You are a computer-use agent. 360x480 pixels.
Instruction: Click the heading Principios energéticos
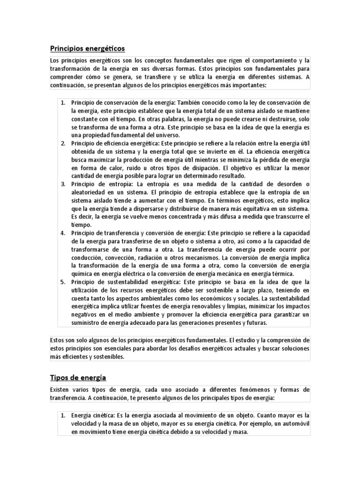pyautogui.click(x=87, y=48)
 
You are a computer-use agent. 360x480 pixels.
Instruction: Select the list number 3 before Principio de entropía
pyautogui.click(x=63, y=183)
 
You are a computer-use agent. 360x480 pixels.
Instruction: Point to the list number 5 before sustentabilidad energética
pyautogui.click(x=63, y=282)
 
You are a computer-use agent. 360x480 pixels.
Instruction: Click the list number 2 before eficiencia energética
pyautogui.click(x=63, y=143)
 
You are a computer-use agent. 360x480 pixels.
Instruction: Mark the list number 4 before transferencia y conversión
pyautogui.click(x=63, y=232)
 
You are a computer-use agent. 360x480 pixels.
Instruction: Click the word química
pyautogui.click(x=83, y=274)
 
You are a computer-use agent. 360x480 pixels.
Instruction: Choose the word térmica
pyautogui.click(x=281, y=274)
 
